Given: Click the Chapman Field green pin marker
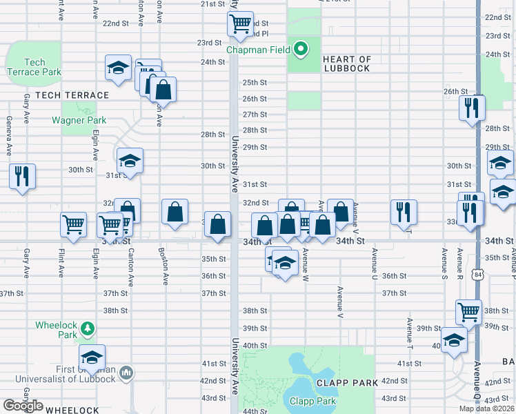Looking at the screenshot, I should tap(301, 49).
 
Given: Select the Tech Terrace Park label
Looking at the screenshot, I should tap(34, 67).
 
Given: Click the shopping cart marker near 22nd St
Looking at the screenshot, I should tap(240, 23).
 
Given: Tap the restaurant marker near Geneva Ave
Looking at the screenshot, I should tap(21, 175).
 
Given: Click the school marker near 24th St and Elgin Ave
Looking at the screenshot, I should tap(119, 68).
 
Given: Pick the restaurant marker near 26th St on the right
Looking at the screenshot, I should tap(472, 107).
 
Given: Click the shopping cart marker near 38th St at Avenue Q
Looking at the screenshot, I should tap(469, 311).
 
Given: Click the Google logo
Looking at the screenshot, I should tap(23, 406).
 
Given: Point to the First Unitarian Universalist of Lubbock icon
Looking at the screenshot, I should tap(126, 373).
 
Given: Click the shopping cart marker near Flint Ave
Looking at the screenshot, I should tap(74, 224).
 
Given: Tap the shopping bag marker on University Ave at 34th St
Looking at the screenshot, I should tap(218, 224).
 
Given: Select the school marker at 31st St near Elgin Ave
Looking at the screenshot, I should tap(130, 161).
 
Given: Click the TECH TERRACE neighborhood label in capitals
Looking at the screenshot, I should tap(72, 95).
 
